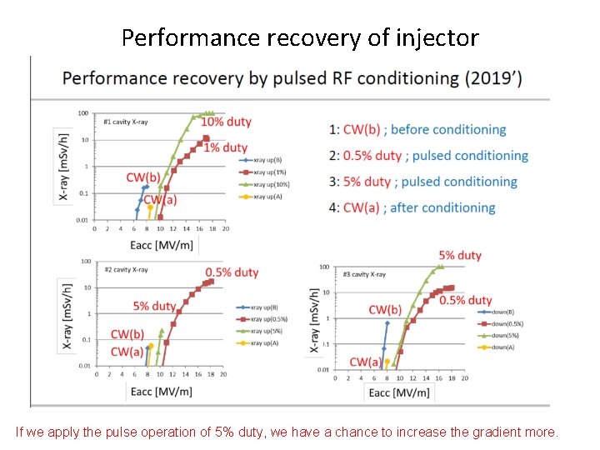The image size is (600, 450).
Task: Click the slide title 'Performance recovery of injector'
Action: click(x=300, y=37)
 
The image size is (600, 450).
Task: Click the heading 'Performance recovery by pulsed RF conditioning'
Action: click(x=292, y=79)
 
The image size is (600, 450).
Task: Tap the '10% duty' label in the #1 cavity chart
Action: click(x=226, y=122)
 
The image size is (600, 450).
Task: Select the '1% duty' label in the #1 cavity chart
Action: click(x=225, y=147)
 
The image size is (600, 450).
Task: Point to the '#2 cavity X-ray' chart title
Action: click(x=127, y=269)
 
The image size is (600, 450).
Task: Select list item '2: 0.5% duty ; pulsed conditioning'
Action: click(x=428, y=155)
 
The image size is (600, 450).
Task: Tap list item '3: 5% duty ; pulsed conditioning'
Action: click(x=423, y=182)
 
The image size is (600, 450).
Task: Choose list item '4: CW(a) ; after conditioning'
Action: click(x=412, y=207)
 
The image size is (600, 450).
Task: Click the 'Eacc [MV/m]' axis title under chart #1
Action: click(x=163, y=244)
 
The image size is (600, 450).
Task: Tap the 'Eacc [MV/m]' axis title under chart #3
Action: click(x=399, y=392)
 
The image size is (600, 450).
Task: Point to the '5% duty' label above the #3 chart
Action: click(x=459, y=255)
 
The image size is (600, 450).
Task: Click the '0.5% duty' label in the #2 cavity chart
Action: click(x=232, y=272)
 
